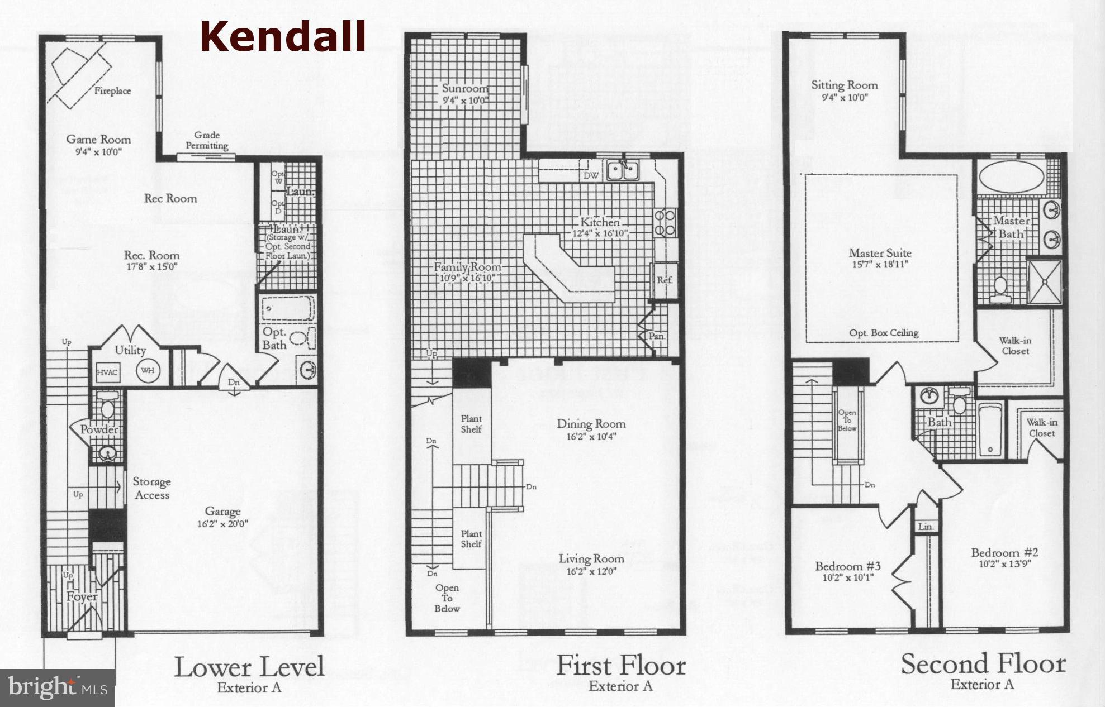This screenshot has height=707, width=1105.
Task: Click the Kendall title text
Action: (283, 37)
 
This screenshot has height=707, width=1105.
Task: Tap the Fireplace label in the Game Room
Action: (112, 91)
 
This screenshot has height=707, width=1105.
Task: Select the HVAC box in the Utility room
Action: (107, 372)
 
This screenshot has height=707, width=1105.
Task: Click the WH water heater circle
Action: (147, 370)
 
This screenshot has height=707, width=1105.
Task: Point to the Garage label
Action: (222, 511)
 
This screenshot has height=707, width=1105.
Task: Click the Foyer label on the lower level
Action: (82, 596)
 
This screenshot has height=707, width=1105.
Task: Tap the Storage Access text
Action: (151, 488)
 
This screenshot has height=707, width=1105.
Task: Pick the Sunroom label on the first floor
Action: (465, 88)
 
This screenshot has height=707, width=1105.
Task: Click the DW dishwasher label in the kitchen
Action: (591, 176)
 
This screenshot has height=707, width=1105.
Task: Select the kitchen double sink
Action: (623, 170)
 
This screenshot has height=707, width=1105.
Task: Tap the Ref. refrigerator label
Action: (665, 280)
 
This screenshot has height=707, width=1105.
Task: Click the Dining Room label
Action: (591, 424)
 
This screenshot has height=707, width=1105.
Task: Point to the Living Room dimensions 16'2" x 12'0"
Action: (591, 572)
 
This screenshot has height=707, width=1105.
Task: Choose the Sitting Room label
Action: (844, 85)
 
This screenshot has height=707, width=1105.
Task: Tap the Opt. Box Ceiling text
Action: (884, 333)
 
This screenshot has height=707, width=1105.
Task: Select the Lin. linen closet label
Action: (926, 527)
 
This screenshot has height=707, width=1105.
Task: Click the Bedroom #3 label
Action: (847, 566)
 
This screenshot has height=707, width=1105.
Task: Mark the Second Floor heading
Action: (983, 665)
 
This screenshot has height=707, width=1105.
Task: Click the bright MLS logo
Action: (58, 687)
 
